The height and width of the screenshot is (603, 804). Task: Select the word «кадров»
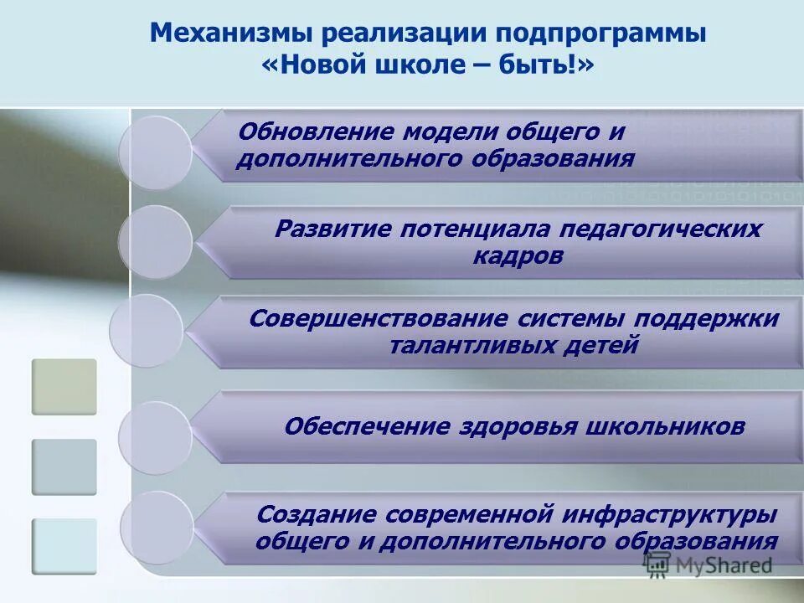click(x=518, y=255)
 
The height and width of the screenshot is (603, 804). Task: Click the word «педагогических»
click(x=660, y=229)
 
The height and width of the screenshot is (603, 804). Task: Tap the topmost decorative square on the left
click(x=64, y=386)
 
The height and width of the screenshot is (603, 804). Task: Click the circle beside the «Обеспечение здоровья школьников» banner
click(x=154, y=438)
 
